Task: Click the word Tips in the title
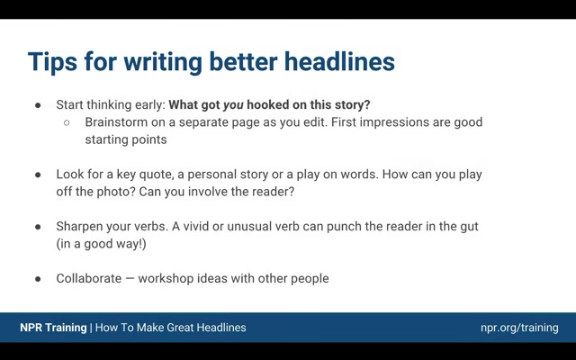52,61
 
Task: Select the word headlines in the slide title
339,61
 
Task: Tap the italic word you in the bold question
233,105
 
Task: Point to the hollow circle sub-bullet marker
67,122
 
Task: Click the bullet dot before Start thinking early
38,105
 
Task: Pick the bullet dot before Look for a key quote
38,175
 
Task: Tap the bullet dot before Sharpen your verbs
38,227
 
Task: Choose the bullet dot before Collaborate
38,279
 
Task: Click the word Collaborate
89,278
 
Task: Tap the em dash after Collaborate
130,278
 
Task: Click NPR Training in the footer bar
53,328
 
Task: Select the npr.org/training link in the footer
519,328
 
